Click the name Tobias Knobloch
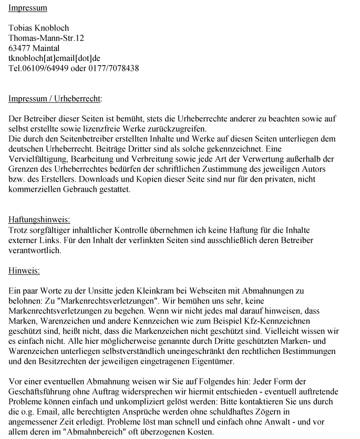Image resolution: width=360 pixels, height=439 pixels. coord(38,28)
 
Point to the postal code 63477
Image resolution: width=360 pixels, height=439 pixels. coord(19,48)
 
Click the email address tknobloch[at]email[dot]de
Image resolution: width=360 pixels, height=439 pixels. coord(54,58)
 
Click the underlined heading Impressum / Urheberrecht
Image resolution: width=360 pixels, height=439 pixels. coord(55,99)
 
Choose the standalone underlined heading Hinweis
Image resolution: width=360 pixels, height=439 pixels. coord(24,271)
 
